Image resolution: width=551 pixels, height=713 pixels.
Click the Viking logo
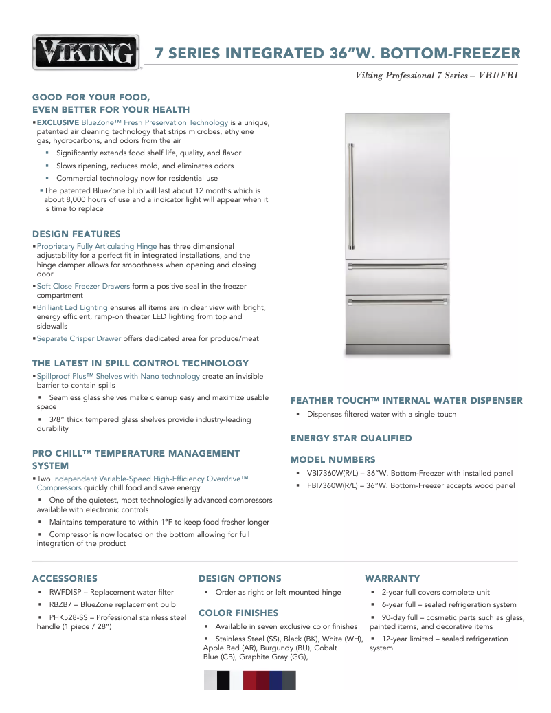86,52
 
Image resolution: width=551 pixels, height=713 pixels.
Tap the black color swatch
223,681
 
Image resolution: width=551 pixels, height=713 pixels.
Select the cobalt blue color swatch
276,681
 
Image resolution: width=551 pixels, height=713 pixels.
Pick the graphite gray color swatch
289,681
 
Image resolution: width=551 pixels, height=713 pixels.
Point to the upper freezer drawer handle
398,267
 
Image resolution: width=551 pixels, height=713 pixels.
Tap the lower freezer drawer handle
398,300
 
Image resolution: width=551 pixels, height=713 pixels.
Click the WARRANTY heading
392,578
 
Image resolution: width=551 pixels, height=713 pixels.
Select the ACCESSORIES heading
65,578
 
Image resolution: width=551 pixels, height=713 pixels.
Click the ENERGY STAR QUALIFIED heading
351,438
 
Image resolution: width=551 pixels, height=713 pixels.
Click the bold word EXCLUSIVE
58,122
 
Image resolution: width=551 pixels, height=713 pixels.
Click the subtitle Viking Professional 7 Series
416,75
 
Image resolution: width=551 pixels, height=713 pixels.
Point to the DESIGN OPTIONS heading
240,578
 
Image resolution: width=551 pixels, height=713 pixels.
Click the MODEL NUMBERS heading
333,459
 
